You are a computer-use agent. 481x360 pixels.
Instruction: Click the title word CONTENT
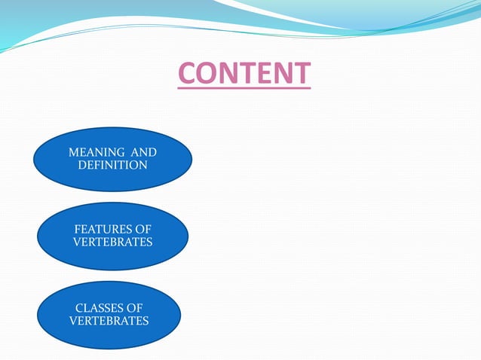coord(244,74)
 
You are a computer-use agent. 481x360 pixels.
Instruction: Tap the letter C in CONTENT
coord(187,74)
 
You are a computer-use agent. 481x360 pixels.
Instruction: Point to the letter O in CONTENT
coord(207,74)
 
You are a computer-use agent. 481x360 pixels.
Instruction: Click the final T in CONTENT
coord(302,74)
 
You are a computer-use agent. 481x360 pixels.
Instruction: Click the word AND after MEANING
coord(142,152)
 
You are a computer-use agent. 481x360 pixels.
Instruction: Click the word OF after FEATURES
coord(143,229)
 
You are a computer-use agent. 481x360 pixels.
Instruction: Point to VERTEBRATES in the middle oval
coord(113,242)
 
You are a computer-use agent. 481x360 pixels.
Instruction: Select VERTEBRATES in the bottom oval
coord(109,320)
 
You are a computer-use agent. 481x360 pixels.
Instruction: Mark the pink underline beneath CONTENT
coord(244,89)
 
